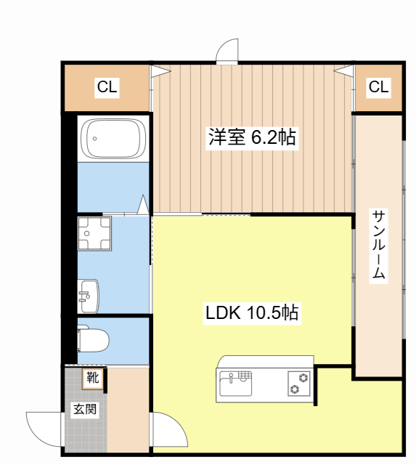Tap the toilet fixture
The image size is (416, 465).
click(x=93, y=339)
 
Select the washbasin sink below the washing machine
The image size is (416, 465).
click(x=89, y=295)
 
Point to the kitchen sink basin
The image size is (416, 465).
click(x=234, y=383)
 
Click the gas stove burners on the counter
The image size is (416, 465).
click(x=298, y=383)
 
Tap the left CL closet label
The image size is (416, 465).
click(x=107, y=88)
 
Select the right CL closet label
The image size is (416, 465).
click(x=378, y=88)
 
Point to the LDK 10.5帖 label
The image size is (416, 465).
click(x=252, y=313)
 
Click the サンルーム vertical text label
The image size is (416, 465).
click(x=378, y=246)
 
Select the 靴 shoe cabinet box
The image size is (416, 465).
click(x=93, y=377)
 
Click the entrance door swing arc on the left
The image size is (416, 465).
click(x=44, y=429)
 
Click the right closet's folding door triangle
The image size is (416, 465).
click(x=344, y=71)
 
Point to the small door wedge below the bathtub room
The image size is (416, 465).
click(x=144, y=205)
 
